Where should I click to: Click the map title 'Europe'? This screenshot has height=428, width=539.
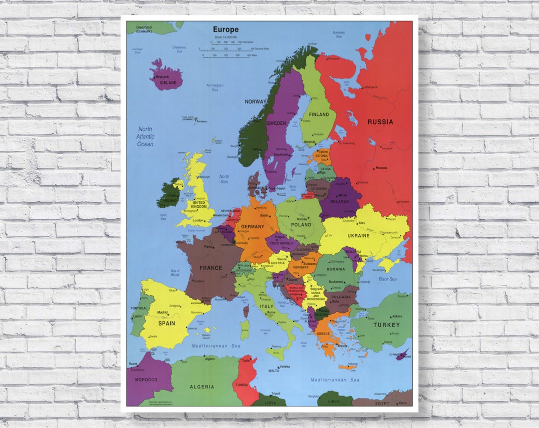click(x=226, y=29)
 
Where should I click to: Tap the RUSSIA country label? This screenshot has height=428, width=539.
click(x=380, y=122)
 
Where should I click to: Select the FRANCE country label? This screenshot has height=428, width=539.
click(x=211, y=268)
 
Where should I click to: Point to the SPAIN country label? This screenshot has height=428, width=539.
click(x=167, y=323)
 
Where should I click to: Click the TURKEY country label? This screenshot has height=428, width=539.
click(x=387, y=325)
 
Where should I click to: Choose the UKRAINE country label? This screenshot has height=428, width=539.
click(x=358, y=236)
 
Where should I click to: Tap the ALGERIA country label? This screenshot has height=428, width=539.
click(x=202, y=387)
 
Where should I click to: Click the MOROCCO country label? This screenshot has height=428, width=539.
click(x=146, y=380)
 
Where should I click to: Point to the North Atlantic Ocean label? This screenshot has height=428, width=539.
click(x=145, y=137)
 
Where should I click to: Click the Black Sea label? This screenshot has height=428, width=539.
click(x=387, y=279)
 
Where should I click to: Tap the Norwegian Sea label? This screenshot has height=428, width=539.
click(x=215, y=88)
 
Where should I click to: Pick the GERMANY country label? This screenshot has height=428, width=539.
click(x=253, y=227)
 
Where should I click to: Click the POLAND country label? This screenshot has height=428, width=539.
click(x=301, y=225)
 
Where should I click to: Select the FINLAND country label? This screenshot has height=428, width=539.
click(x=319, y=115)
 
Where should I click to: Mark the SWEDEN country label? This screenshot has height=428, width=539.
click(x=276, y=123)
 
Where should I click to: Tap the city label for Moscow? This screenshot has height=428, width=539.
click(x=381, y=168)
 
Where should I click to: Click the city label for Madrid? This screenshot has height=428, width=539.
click(x=163, y=312)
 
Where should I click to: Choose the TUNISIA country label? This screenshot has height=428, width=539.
click(x=242, y=385)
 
